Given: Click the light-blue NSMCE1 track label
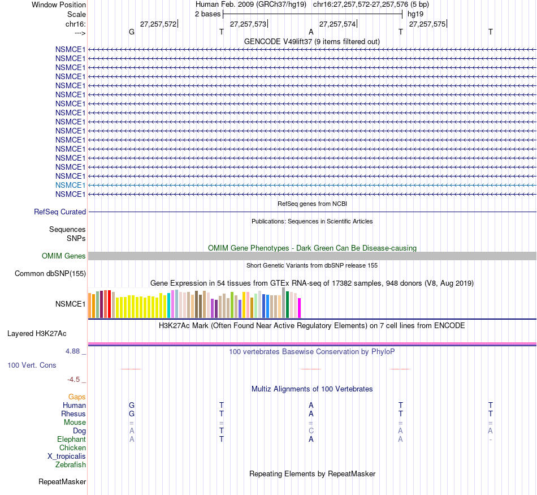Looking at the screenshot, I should coord(70,185).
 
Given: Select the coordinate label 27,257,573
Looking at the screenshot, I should coord(248,24).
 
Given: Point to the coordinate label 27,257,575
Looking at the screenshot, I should coord(427,24).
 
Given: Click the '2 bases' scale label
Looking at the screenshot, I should coord(207,14).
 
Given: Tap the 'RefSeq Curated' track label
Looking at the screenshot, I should coord(60,212).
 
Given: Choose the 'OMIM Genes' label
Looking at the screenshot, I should coord(64,256).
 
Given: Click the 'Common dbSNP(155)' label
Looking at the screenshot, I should coord(50,274).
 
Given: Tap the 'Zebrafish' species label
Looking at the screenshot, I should coord(71,465).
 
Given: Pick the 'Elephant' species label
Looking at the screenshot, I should coord(71,440).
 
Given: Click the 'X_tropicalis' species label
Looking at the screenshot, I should coord(67,457).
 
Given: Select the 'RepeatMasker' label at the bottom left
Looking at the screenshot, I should coord(62,482).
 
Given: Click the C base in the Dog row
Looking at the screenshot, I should coord(311,431).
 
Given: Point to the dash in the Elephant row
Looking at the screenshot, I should coord(491,440).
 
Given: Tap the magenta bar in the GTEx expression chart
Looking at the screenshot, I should coord(300,308).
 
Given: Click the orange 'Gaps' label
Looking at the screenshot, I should coord(77,397).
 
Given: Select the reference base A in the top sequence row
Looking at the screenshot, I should coord(311,32).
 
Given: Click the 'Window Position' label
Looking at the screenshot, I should coord(59,5).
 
